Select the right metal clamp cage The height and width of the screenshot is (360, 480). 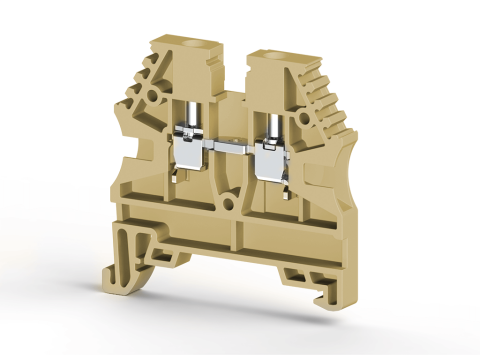coord(271,152)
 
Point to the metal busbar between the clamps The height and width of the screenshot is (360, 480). coord(229,150)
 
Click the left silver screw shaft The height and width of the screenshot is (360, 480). coord(191,115)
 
